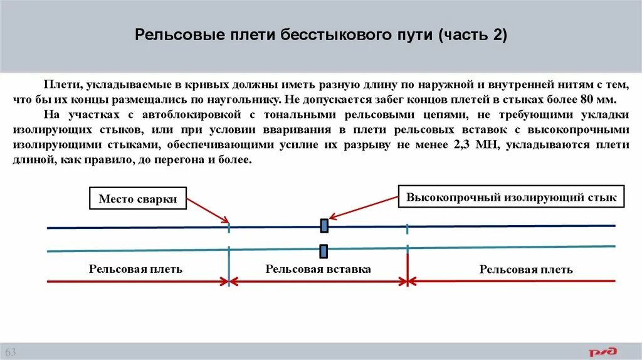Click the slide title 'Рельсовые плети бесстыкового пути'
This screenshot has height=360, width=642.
(x=282, y=34)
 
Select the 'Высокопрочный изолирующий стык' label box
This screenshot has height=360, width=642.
(x=512, y=197)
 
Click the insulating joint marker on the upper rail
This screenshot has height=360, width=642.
(x=324, y=225)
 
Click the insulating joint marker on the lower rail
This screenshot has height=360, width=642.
(x=324, y=251)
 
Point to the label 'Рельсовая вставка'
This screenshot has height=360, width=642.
(x=318, y=269)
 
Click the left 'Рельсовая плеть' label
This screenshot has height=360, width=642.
(x=135, y=269)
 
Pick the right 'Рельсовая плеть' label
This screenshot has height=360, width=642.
(x=525, y=270)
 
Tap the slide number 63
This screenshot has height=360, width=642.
(x=11, y=350)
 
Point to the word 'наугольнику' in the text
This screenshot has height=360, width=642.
(x=246, y=100)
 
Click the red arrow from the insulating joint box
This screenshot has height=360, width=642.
(x=364, y=208)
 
